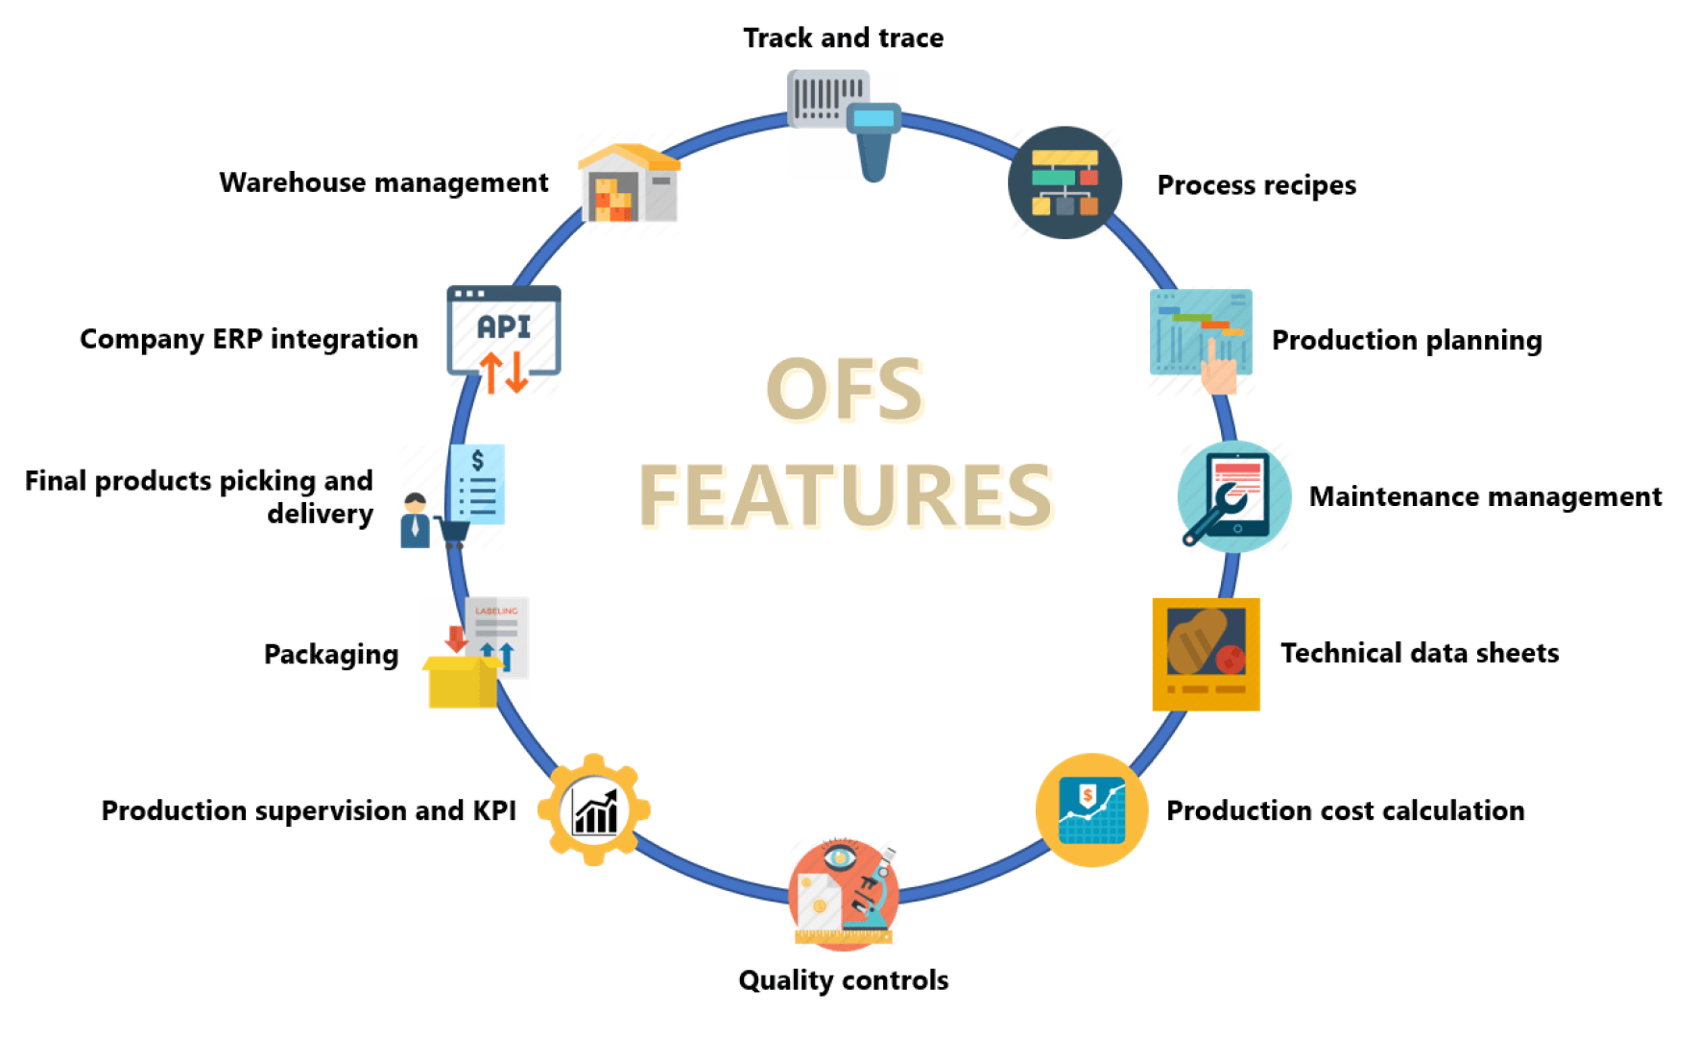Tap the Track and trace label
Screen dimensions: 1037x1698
[843, 38]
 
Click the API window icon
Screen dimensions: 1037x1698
[504, 329]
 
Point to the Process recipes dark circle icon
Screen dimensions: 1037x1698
[1064, 182]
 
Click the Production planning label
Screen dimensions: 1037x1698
[1406, 341]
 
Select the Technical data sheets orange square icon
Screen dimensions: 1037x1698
[1206, 654]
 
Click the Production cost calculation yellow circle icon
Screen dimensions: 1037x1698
[1091, 810]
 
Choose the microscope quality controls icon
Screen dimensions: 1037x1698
[844, 894]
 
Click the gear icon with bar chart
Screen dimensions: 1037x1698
[594, 810]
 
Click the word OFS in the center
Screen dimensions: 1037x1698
[844, 390]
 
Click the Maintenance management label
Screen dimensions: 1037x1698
[1485, 497]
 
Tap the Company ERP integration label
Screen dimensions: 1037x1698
[249, 340]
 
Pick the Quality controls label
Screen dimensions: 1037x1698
[843, 980]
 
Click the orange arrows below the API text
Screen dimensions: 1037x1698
[504, 372]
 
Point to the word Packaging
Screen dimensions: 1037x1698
[331, 655]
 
